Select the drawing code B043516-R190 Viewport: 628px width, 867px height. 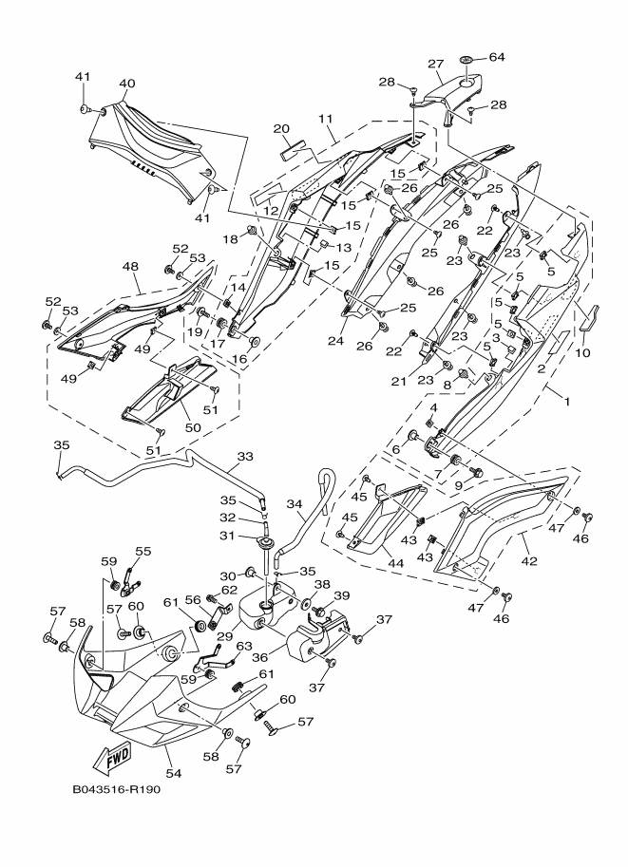116,789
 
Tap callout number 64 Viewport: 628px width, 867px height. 497,58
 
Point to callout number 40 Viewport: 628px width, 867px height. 126,85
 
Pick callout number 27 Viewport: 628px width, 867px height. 436,64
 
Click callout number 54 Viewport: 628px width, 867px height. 174,774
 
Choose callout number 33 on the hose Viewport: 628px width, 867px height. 245,457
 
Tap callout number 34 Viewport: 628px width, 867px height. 295,503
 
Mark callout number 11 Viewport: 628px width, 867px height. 326,119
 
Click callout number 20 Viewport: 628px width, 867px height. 281,129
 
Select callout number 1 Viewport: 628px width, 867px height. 566,402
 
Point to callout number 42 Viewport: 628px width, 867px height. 529,560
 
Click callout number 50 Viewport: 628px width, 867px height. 193,428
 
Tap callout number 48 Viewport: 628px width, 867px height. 130,267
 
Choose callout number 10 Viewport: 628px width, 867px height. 582,352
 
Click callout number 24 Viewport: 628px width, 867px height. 336,341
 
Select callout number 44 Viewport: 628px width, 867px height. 395,563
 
